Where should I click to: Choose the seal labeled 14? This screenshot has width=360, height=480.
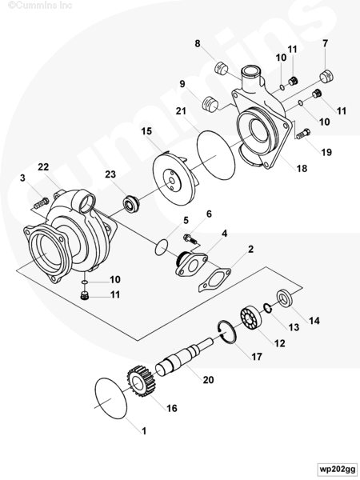pos(286,298)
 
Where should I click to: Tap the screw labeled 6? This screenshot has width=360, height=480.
pos(190,238)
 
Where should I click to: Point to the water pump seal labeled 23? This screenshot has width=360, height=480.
pos(131,204)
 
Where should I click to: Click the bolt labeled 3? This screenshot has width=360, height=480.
pos(41,203)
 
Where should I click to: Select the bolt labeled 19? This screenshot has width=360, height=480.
pos(303,134)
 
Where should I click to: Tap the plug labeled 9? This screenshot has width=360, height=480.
pos(210,104)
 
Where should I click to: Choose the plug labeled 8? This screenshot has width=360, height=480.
pos(221,68)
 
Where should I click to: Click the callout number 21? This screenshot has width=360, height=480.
pos(181,111)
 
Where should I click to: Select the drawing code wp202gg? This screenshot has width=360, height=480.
pos(337,469)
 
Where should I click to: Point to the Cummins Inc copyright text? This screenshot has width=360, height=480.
pos(40,6)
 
